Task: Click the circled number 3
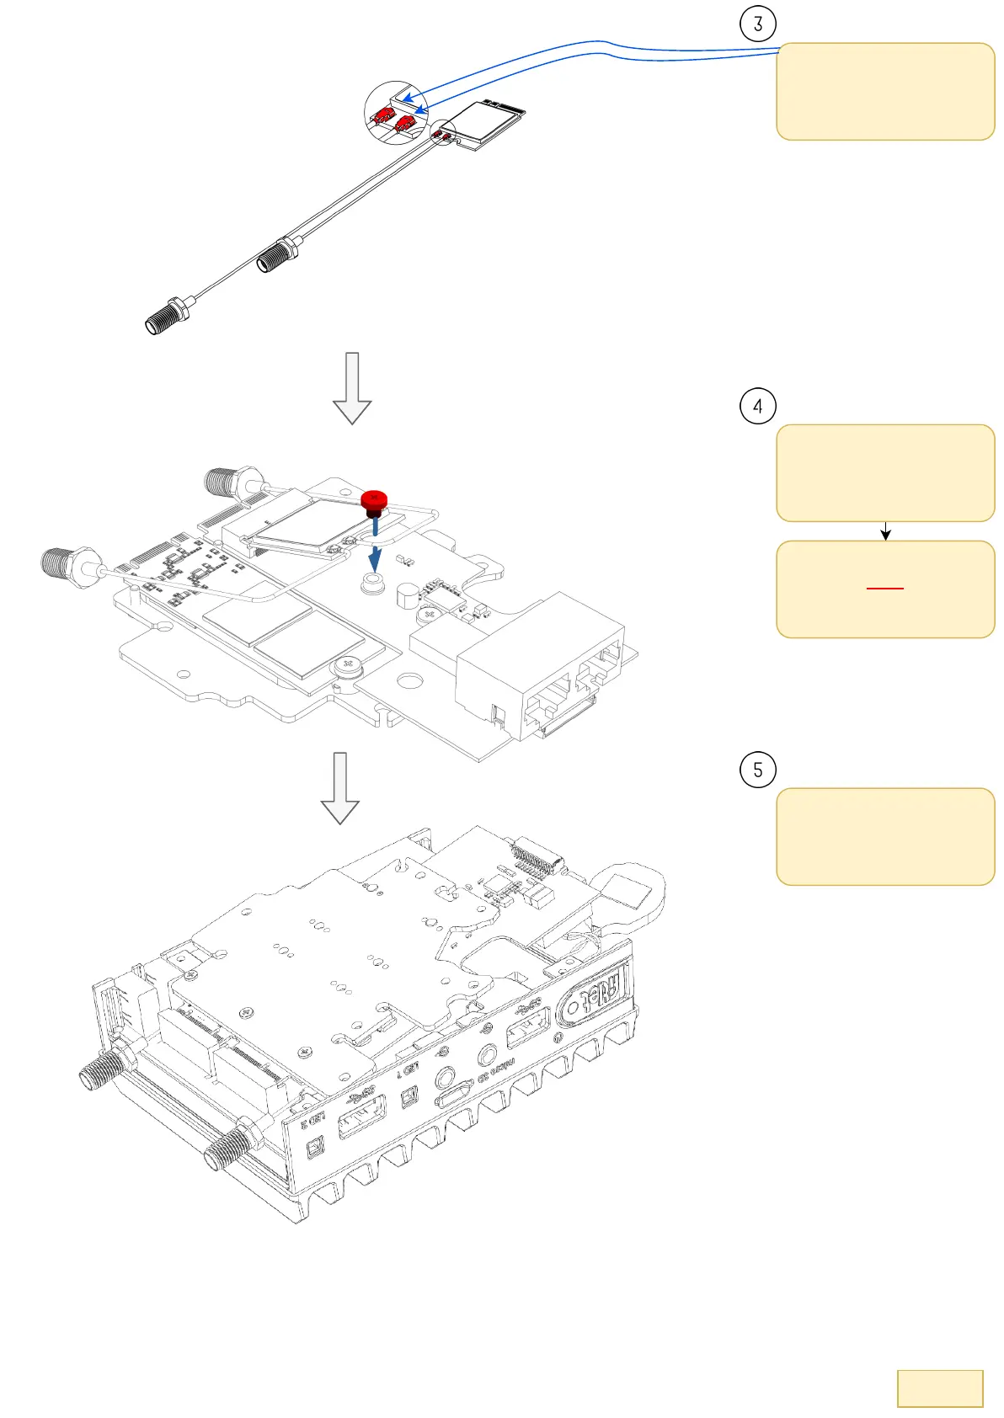coord(757,24)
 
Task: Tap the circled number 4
coord(757,406)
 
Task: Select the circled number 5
coord(757,770)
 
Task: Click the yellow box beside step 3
coord(884,91)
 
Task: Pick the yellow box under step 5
coord(884,836)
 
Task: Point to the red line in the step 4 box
coord(885,588)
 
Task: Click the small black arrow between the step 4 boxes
coord(885,531)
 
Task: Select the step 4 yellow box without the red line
coord(884,472)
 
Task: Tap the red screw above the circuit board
coord(373,500)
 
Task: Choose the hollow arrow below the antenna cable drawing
coord(352,387)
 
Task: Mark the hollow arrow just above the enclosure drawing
coord(339,787)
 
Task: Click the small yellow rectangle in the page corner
coord(940,1388)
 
